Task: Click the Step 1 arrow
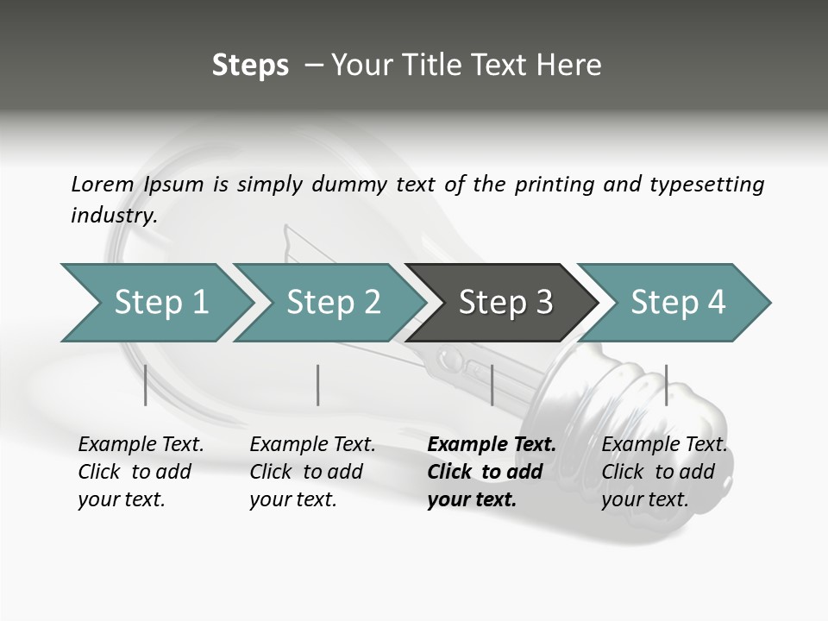point(160,303)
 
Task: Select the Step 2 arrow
point(333,303)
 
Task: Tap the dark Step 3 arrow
point(505,303)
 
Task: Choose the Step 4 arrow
point(677,303)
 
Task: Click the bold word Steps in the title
point(250,66)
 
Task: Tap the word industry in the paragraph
point(113,216)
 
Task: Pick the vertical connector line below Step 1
point(146,385)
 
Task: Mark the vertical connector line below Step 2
point(318,385)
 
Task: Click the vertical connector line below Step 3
point(492,385)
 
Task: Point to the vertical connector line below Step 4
point(666,385)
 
